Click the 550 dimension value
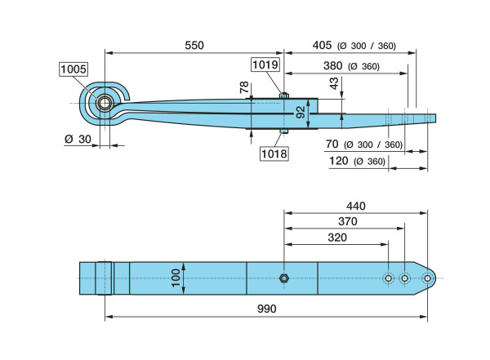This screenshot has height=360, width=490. point(194,46)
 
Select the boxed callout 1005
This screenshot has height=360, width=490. point(73,70)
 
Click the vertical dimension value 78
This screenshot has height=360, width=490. point(245,87)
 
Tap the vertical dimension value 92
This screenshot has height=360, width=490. point(301,112)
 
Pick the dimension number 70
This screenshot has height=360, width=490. point(332,144)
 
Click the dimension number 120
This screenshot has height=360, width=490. point(338,162)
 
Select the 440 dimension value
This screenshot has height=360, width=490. point(356,206)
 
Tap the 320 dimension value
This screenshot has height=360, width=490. point(336,238)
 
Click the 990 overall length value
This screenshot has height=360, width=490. point(266,309)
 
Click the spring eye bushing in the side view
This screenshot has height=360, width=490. point(104,104)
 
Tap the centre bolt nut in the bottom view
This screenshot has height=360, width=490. point(283,278)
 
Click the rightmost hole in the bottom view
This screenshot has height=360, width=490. point(426,278)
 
